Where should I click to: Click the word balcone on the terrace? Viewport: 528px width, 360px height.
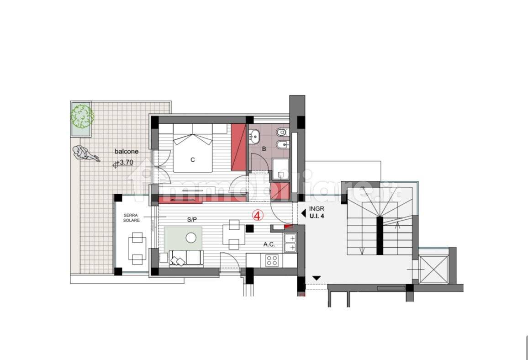[x=126, y=152]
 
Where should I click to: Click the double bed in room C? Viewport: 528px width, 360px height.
[x=193, y=148]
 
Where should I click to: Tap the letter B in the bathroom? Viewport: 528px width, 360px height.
[x=264, y=149]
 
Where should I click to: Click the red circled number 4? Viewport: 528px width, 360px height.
[x=258, y=216]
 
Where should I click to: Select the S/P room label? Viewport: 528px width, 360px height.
[x=192, y=220]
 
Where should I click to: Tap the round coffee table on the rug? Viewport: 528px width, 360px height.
[x=191, y=238]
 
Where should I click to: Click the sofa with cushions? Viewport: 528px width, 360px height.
[x=186, y=258]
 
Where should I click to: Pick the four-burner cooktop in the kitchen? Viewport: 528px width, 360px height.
[x=272, y=260]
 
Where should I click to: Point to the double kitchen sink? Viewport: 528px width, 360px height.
[x=290, y=243]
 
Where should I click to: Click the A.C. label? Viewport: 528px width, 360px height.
[x=269, y=244]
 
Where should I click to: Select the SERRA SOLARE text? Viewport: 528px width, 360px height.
[x=132, y=217]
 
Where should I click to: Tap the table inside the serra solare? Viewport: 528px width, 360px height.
[x=137, y=249]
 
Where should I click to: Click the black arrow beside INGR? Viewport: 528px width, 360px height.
[x=303, y=213]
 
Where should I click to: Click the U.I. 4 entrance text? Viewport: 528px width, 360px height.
[x=317, y=216]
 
